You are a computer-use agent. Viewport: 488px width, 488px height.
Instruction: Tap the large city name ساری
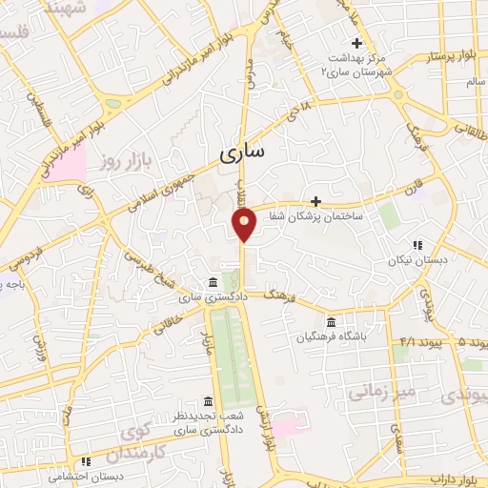coord(244,152)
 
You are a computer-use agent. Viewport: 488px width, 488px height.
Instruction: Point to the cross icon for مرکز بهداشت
coord(357,43)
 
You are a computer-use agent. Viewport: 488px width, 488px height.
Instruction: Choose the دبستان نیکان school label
coord(417,259)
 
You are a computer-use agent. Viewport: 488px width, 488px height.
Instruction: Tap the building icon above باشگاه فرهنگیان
coord(331,321)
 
